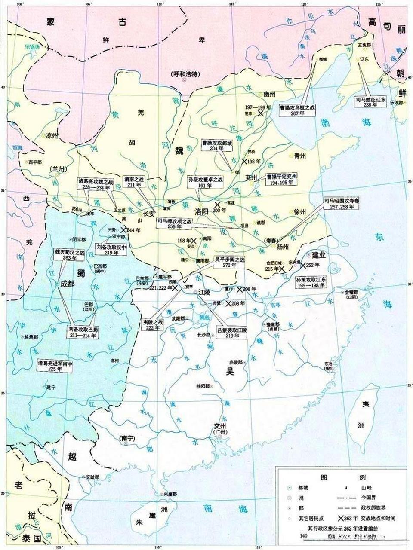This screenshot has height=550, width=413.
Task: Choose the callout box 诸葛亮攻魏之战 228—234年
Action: (96, 184)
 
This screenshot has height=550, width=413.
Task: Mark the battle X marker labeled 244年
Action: (124, 230)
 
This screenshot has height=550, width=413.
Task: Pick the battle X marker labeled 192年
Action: (245, 162)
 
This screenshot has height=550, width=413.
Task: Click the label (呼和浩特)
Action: (184, 74)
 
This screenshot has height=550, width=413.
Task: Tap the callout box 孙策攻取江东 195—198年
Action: (311, 282)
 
